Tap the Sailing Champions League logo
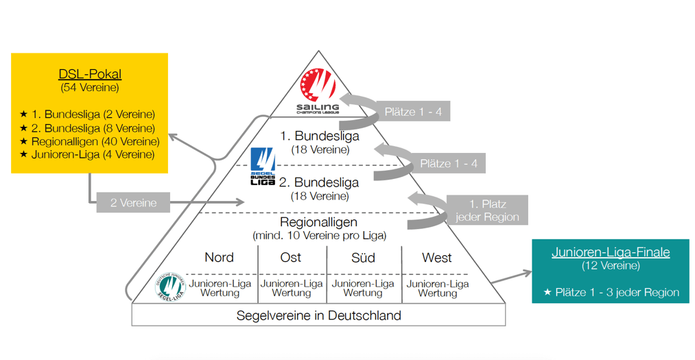pyautogui.click(x=318, y=88)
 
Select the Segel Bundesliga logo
pyautogui.click(x=263, y=167)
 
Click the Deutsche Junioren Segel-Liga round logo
pyautogui.click(x=170, y=287)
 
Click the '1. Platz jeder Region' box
pyautogui.click(x=487, y=211)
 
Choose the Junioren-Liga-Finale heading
pyautogui.click(x=611, y=252)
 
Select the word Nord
pyautogui.click(x=219, y=258)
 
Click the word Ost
pyautogui.click(x=291, y=258)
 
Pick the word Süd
pyautogui.click(x=363, y=258)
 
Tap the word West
pyautogui.click(x=437, y=258)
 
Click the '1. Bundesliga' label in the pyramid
pyautogui.click(x=320, y=136)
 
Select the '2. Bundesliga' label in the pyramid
pyautogui.click(x=320, y=182)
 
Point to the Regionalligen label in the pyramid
pyautogui.click(x=320, y=222)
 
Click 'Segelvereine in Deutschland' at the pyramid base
pyautogui.click(x=318, y=315)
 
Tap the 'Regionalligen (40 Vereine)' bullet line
pyautogui.click(x=90, y=141)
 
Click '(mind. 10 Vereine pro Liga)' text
pyautogui.click(x=320, y=236)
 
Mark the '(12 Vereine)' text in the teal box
pyautogui.click(x=611, y=265)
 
